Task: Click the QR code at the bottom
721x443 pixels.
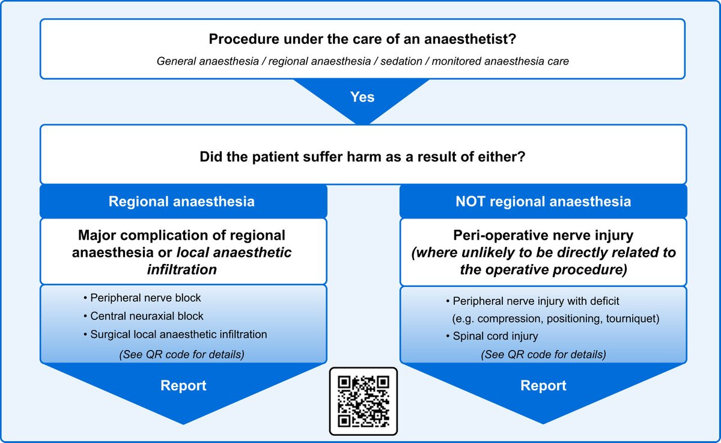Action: point(363,400)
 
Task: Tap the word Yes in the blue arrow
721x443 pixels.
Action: point(362,97)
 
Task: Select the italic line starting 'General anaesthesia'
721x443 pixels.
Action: point(362,61)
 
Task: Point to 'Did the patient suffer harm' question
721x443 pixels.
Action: point(362,158)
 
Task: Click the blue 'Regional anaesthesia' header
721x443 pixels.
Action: point(181,202)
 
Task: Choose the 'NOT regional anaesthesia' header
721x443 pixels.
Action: point(543,202)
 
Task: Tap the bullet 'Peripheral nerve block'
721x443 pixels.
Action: point(145,298)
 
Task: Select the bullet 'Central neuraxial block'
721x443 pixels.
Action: point(147,316)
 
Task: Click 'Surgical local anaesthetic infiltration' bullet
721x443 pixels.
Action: point(178,334)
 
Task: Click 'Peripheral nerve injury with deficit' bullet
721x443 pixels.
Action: point(537,301)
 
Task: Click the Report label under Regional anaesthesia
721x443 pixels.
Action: point(183,385)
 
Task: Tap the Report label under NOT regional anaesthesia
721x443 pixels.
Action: point(543,385)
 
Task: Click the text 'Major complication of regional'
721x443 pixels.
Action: point(181,235)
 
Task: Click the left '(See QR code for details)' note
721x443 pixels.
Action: point(181,354)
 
